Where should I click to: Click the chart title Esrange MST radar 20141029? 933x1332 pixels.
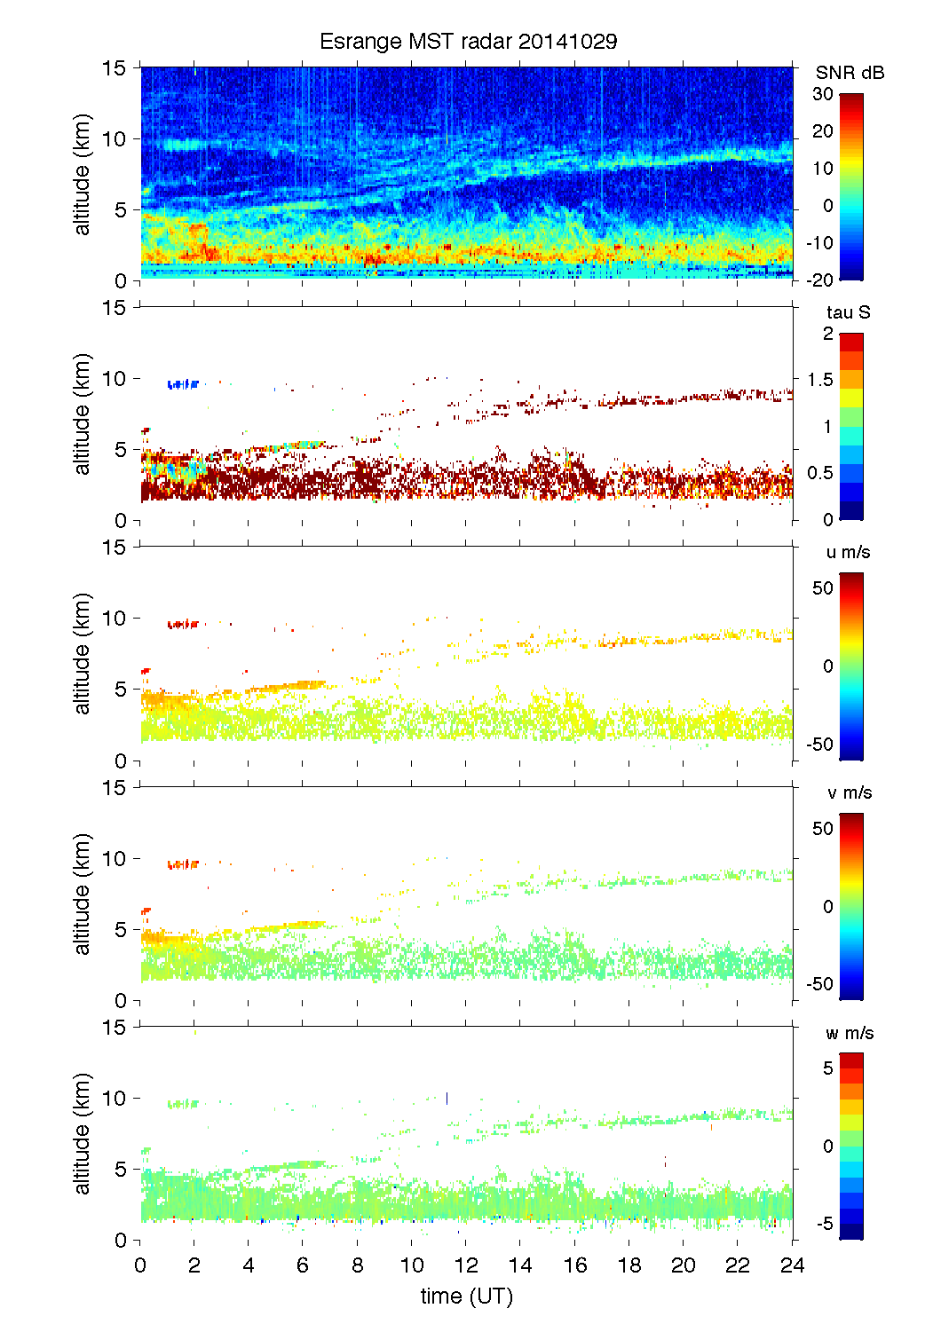pyautogui.click(x=468, y=42)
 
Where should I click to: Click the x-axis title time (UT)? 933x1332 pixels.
pyautogui.click(x=466, y=1297)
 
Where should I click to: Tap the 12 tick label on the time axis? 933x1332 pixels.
pyautogui.click(x=466, y=1265)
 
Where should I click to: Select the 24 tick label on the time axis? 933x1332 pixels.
pyautogui.click(x=792, y=1265)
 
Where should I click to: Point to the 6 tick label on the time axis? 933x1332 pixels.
pyautogui.click(x=303, y=1265)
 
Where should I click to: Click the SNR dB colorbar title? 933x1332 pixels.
pyautogui.click(x=850, y=73)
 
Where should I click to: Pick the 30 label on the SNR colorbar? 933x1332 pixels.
pyautogui.click(x=823, y=94)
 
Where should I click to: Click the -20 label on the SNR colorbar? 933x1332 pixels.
pyautogui.click(x=819, y=280)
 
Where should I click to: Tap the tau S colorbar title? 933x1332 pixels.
pyautogui.click(x=848, y=312)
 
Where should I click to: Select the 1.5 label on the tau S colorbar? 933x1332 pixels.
pyautogui.click(x=820, y=380)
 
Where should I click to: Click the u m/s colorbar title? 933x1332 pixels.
pyautogui.click(x=848, y=552)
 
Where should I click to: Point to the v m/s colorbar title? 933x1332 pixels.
pyautogui.click(x=849, y=792)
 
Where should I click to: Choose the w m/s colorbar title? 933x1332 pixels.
pyautogui.click(x=850, y=1033)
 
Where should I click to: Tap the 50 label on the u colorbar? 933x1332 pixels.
pyautogui.click(x=823, y=588)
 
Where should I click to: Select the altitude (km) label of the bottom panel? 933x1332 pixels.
pyautogui.click(x=83, y=1133)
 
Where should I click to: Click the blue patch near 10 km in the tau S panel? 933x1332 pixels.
pyautogui.click(x=182, y=384)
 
